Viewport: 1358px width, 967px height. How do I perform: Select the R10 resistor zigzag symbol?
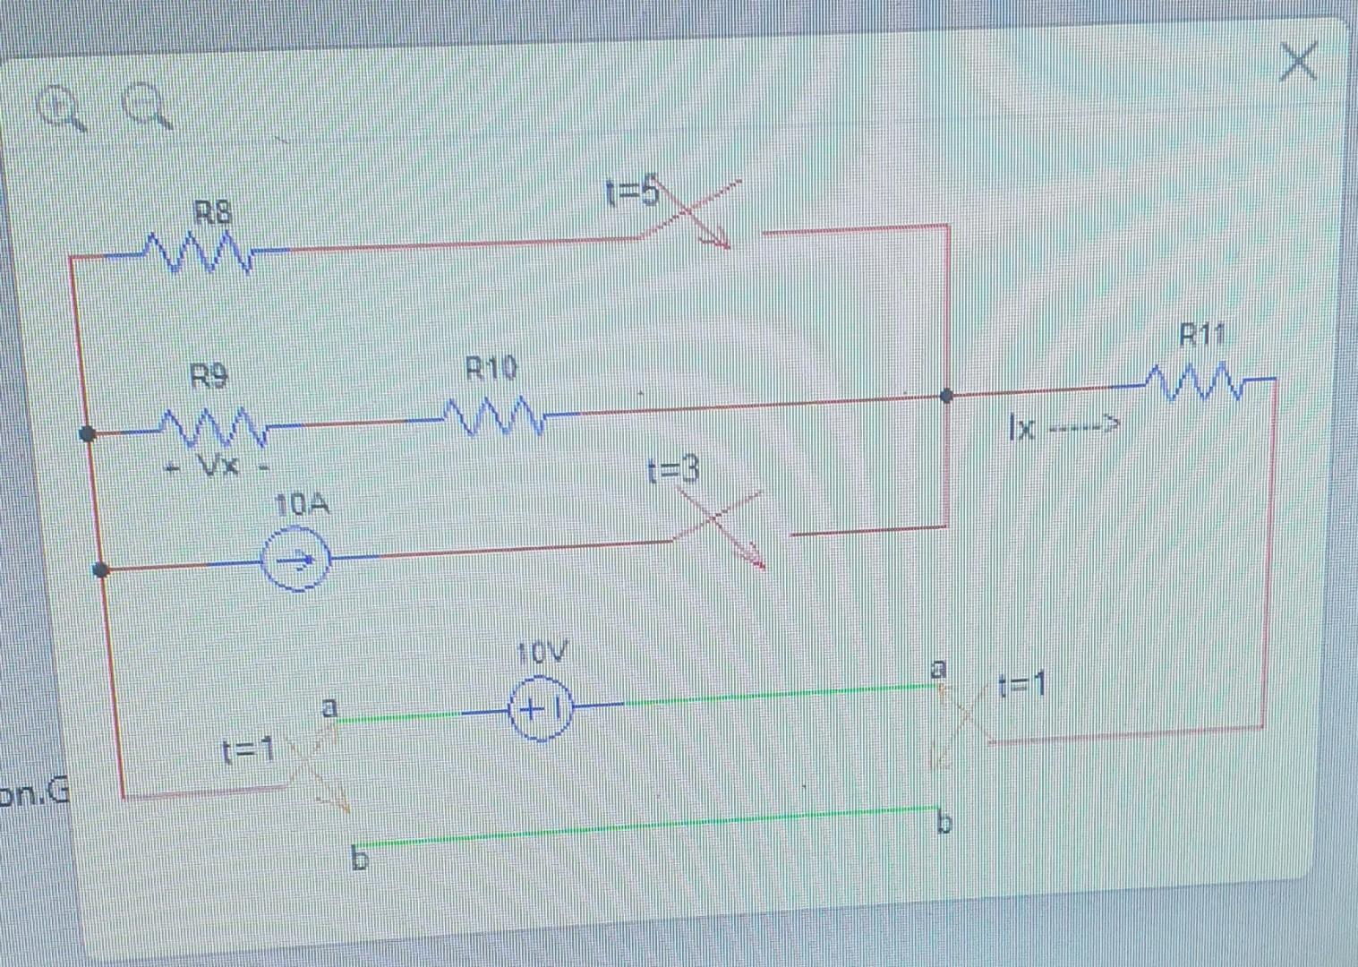tap(491, 417)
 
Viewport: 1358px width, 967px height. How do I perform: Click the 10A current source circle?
tap(295, 561)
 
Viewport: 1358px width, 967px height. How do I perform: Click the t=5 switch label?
tap(631, 192)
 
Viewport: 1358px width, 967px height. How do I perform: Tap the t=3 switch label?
tap(672, 470)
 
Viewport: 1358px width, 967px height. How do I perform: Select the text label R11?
tap(1200, 336)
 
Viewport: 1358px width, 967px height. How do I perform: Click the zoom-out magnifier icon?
tap(147, 106)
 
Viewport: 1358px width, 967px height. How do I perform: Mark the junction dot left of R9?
tap(88, 434)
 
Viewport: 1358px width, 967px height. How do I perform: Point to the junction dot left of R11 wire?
tap(946, 396)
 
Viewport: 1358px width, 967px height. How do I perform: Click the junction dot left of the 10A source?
tap(101, 569)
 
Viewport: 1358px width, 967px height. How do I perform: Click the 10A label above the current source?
tap(303, 506)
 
